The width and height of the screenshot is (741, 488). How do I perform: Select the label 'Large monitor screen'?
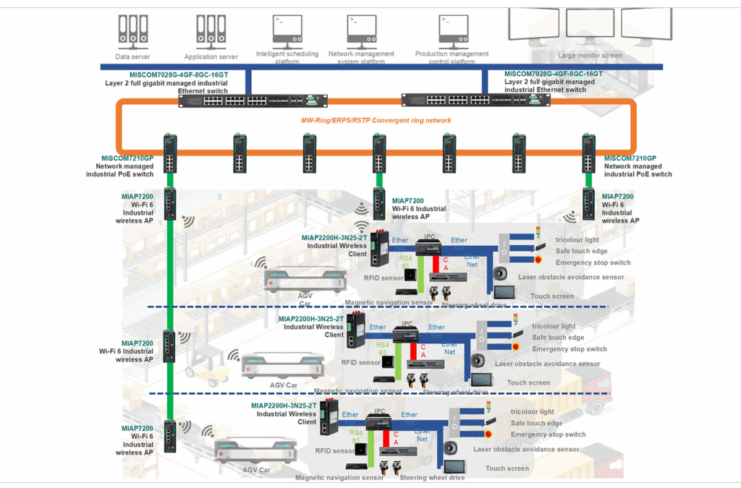(590, 55)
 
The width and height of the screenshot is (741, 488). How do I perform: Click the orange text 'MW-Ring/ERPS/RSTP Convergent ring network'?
(376, 120)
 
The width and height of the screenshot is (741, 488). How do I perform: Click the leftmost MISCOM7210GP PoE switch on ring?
(169, 153)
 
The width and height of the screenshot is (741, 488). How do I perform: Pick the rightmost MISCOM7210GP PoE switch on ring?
(588, 153)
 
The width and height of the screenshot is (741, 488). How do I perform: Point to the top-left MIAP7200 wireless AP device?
(170, 204)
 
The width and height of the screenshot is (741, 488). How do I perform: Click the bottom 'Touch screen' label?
(507, 468)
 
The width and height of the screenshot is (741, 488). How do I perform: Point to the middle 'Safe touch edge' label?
(558, 338)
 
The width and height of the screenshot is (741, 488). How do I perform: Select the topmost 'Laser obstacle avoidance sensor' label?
(571, 277)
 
